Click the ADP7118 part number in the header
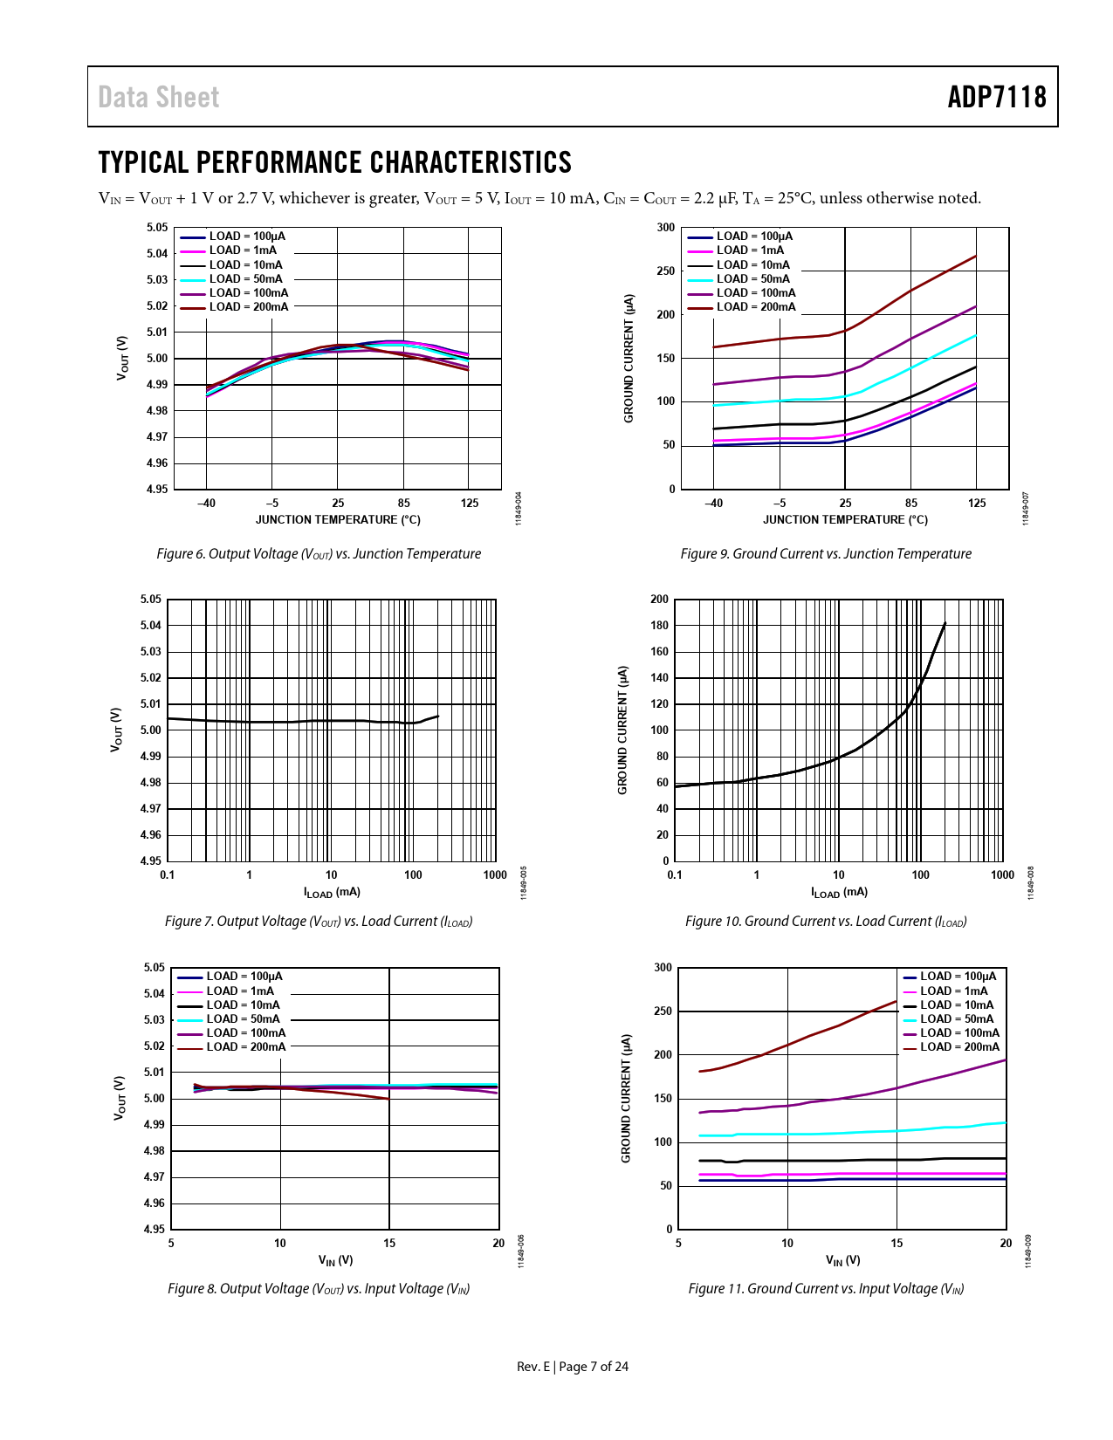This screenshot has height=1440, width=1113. point(997,97)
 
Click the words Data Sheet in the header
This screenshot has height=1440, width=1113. point(159,97)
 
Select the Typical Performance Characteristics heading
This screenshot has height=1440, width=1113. point(335,162)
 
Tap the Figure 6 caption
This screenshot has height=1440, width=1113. point(319,554)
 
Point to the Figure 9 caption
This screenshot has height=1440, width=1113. point(826,554)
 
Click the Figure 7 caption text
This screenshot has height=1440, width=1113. point(319,922)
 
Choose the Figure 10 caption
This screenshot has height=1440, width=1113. point(826,922)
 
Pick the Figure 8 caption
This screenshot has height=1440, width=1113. point(319,1289)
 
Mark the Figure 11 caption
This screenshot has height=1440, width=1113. point(826,1289)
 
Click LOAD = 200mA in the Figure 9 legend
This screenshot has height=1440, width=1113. point(756,307)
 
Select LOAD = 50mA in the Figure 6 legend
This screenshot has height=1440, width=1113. point(245,279)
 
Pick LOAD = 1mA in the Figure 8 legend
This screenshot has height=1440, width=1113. point(240,991)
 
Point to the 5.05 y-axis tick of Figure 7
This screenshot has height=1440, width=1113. point(150,600)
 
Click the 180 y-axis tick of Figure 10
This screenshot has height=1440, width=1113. point(659,626)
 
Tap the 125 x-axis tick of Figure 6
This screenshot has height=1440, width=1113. point(470,504)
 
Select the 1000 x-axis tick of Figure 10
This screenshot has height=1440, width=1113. point(1002,875)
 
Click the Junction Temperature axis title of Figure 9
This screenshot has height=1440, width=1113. point(845,520)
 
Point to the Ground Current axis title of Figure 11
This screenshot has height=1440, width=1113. point(626,1098)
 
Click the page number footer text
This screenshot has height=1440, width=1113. point(573,1367)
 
